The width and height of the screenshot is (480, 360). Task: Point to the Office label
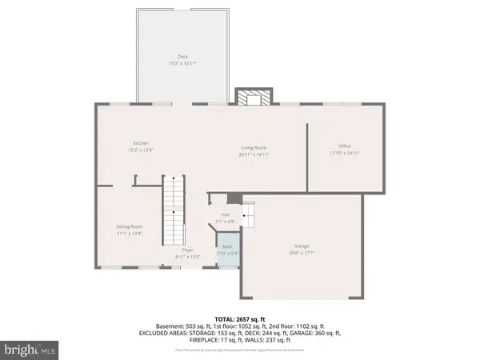345,146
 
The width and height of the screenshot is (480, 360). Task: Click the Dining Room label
129,226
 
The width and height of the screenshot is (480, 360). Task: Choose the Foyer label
188,250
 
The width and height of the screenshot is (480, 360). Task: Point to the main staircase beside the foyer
173,212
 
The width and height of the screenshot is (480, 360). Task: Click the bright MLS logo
30,349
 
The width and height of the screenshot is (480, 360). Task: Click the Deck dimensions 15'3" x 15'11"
182,62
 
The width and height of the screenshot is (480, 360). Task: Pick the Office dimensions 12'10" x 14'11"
345,153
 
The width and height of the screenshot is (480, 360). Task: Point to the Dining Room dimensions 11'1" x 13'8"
129,233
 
